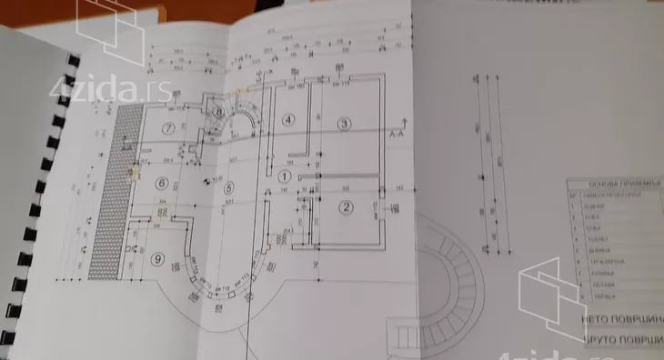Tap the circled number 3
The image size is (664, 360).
point(345,123)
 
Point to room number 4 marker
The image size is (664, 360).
point(288,119)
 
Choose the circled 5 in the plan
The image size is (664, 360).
point(228,188)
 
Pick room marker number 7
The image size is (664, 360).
point(167,128)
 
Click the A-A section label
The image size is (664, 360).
point(397,134)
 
